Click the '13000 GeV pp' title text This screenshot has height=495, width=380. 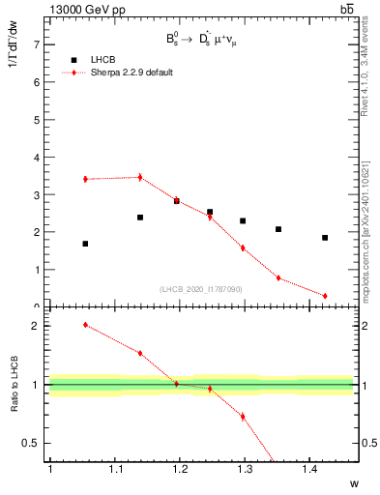[86, 9]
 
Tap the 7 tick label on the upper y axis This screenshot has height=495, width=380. [37, 44]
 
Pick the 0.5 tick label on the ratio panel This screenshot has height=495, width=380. [33, 444]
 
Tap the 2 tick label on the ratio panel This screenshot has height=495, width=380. [37, 326]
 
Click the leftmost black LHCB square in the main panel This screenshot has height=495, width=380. [85, 244]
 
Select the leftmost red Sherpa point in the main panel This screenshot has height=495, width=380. [85, 179]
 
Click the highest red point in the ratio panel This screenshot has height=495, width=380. [85, 325]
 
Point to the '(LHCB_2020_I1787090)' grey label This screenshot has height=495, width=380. [202, 288]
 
